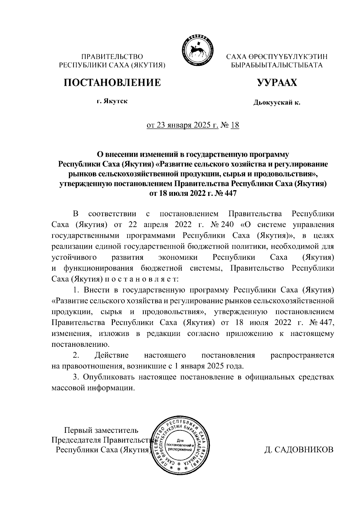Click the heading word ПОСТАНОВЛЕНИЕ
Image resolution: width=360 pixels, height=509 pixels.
coord(112,82)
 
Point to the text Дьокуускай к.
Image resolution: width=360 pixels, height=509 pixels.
coord(277,103)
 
